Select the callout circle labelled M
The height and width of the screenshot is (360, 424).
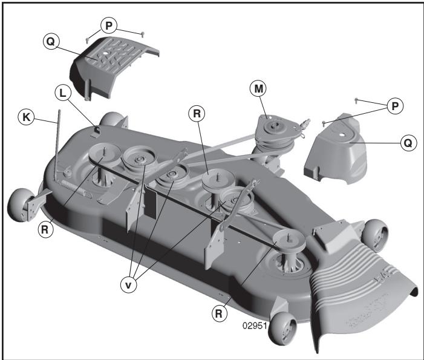coord(258,89)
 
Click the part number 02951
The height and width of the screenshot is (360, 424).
coord(255,325)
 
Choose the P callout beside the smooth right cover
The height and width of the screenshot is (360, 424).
coord(394,106)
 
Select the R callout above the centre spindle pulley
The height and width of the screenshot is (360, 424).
coord(196,113)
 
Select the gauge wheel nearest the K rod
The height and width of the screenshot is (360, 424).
coord(21,204)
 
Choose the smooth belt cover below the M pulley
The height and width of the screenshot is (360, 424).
coord(336,151)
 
